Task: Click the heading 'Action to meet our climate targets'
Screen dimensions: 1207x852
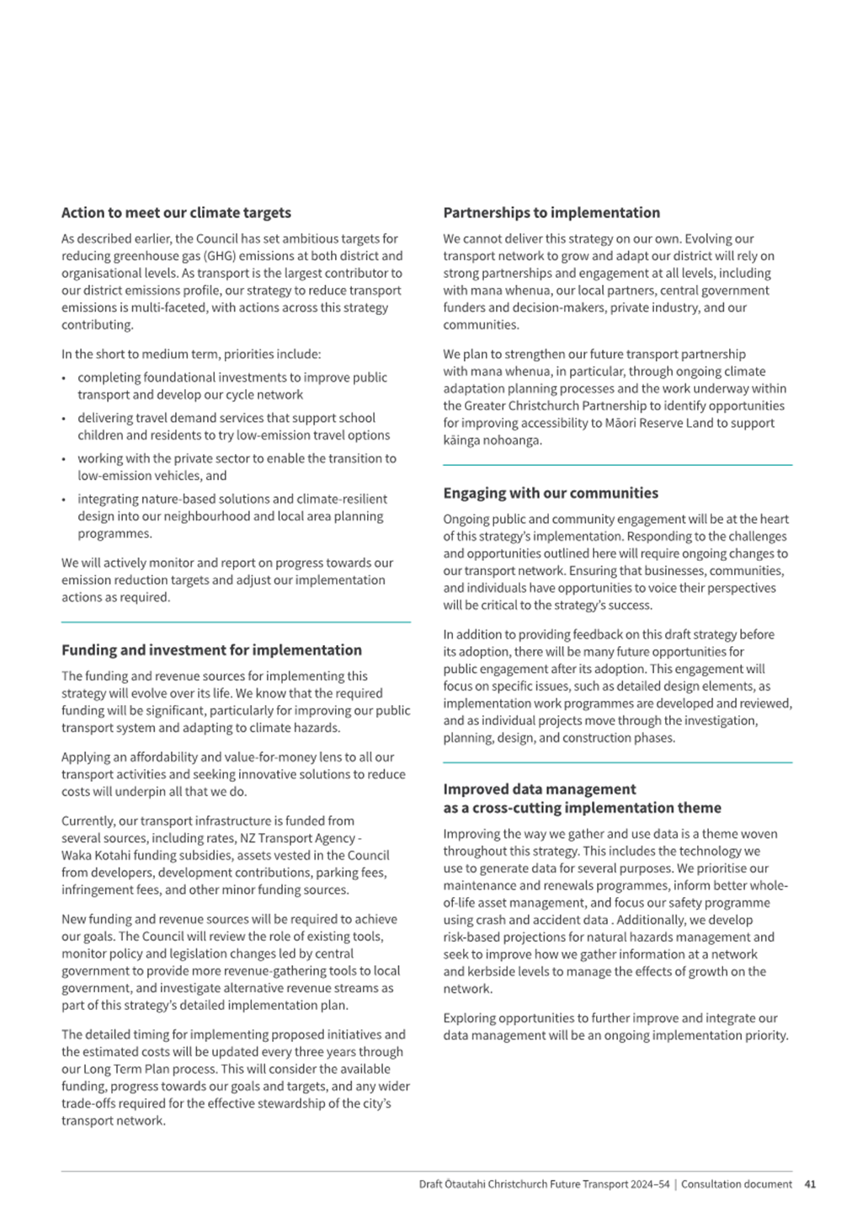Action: point(176,213)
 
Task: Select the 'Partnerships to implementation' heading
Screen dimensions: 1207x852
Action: point(551,213)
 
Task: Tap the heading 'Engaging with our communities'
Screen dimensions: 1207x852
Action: point(551,494)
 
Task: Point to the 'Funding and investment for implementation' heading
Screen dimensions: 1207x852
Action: point(211,650)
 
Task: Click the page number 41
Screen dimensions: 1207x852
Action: point(810,1184)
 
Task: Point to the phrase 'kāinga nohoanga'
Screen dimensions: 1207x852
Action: point(492,441)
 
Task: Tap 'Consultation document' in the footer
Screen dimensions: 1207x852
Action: point(737,1184)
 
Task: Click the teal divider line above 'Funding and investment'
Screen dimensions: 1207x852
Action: point(236,622)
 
